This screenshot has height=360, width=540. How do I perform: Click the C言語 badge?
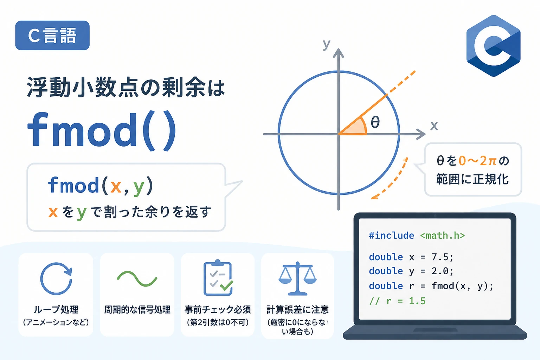point(52,36)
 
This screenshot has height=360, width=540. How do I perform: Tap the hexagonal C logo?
point(493,46)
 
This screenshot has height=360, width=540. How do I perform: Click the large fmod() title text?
point(102,130)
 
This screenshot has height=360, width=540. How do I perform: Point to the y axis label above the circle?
point(327,45)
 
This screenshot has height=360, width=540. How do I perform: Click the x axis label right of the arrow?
point(434,126)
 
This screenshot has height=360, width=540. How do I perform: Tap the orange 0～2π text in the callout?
point(477,161)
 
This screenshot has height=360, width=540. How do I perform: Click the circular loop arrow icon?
point(56,278)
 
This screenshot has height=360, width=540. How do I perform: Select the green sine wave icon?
point(137,279)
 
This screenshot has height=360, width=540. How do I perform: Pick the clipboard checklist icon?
point(218,278)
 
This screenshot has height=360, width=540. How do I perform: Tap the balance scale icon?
point(297,278)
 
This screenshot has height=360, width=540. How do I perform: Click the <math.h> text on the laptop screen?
point(442,235)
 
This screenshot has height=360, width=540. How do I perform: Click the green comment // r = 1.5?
point(397,301)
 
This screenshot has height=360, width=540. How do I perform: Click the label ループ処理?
point(56,309)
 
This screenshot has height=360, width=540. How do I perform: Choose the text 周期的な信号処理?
point(137,309)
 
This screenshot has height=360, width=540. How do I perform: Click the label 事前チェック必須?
point(218,309)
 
